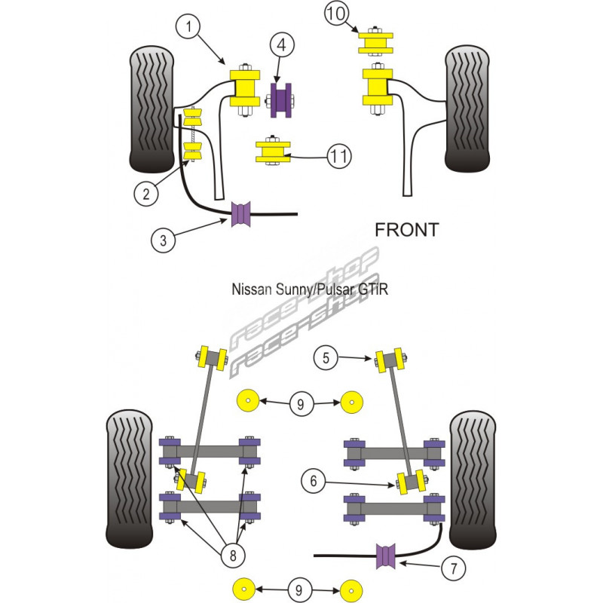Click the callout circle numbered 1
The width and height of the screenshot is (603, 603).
tap(188, 28)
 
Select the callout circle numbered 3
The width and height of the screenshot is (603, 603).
tap(164, 241)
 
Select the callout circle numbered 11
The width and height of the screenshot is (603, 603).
tap(338, 157)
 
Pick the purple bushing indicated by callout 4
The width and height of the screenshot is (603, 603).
tap(282, 100)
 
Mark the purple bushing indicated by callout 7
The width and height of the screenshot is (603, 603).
tap(386, 556)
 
